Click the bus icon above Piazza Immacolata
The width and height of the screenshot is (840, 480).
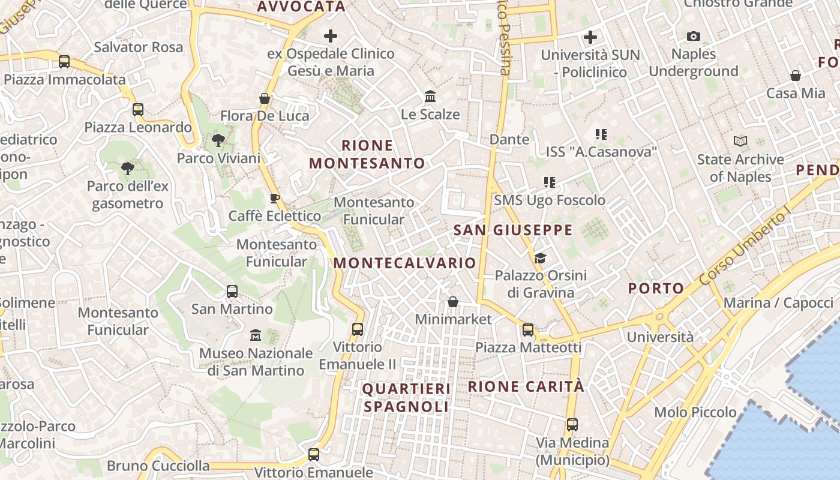64,61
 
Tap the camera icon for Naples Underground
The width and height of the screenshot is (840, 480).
693,37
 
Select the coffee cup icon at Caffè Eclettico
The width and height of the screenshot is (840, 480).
275,198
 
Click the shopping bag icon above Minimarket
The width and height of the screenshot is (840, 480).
453,301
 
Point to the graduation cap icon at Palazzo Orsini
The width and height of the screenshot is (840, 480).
540,258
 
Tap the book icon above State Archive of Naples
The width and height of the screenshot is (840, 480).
740,142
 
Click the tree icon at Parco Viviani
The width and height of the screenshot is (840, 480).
218,140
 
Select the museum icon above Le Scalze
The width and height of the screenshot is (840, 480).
430,97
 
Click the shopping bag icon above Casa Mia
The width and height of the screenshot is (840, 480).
795,76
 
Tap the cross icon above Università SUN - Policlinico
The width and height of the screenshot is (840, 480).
590,37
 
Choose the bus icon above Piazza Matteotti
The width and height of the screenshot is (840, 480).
528,329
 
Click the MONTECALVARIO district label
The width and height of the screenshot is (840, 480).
404,263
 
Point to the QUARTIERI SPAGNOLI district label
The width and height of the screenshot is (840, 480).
406,397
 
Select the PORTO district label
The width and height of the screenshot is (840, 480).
656,288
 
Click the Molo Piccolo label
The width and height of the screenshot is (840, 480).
695,412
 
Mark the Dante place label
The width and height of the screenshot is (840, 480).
509,139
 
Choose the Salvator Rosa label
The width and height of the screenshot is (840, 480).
139,47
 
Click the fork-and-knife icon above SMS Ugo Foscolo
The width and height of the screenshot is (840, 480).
549,182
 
